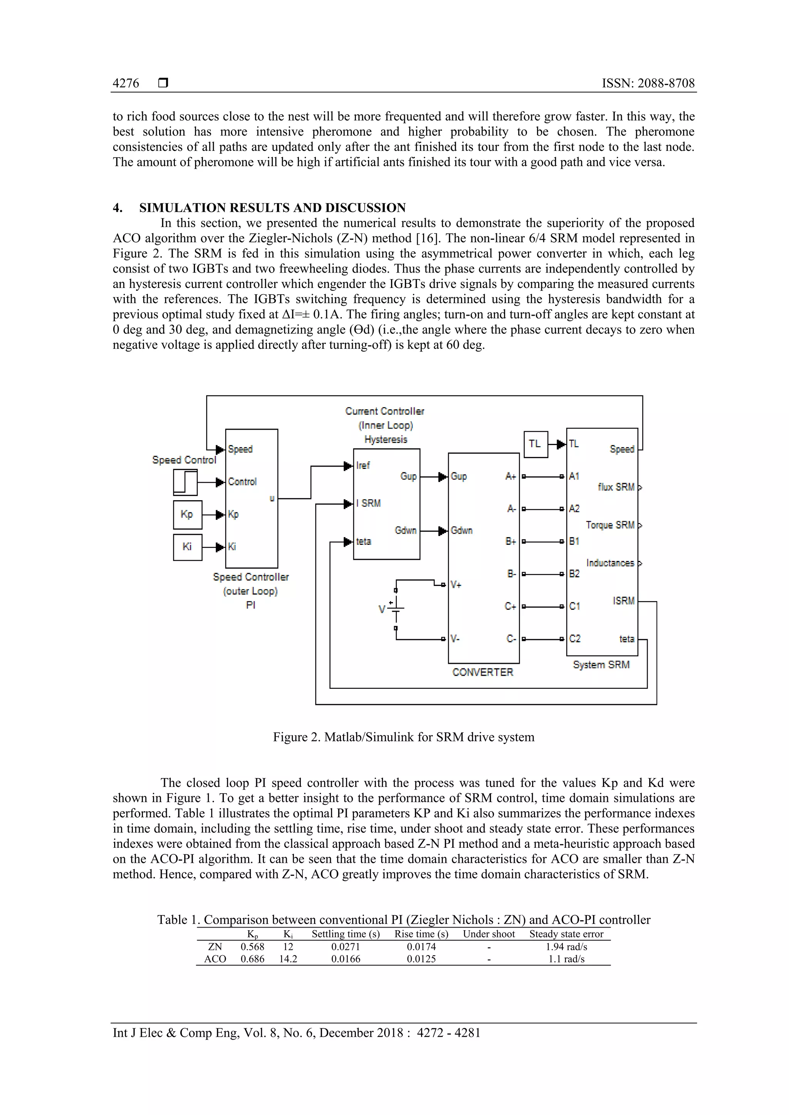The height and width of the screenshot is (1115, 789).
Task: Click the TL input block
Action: point(536,444)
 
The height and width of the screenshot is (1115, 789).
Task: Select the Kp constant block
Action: point(188,514)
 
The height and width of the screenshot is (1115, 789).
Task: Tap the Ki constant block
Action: point(188,547)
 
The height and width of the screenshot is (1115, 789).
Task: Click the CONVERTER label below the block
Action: point(482,672)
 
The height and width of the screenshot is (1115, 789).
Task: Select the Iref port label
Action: point(363,466)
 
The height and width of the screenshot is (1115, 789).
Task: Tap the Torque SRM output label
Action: point(610,525)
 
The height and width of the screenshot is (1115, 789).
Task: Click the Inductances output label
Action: point(610,563)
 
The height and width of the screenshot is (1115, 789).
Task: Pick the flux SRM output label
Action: point(616,487)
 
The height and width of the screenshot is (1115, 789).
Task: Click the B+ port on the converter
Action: point(510,541)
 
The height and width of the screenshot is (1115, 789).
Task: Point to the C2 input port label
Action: point(575,639)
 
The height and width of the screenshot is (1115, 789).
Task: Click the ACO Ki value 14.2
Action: point(288,959)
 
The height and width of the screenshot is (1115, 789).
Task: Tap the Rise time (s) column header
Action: point(421,934)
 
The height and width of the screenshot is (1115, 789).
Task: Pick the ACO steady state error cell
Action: point(566,959)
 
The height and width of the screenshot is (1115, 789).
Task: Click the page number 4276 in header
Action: point(126,84)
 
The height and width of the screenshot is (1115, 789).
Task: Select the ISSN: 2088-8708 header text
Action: point(648,84)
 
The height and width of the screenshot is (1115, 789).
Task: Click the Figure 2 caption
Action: point(403,737)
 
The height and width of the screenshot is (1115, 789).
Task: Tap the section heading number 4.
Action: point(118,208)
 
